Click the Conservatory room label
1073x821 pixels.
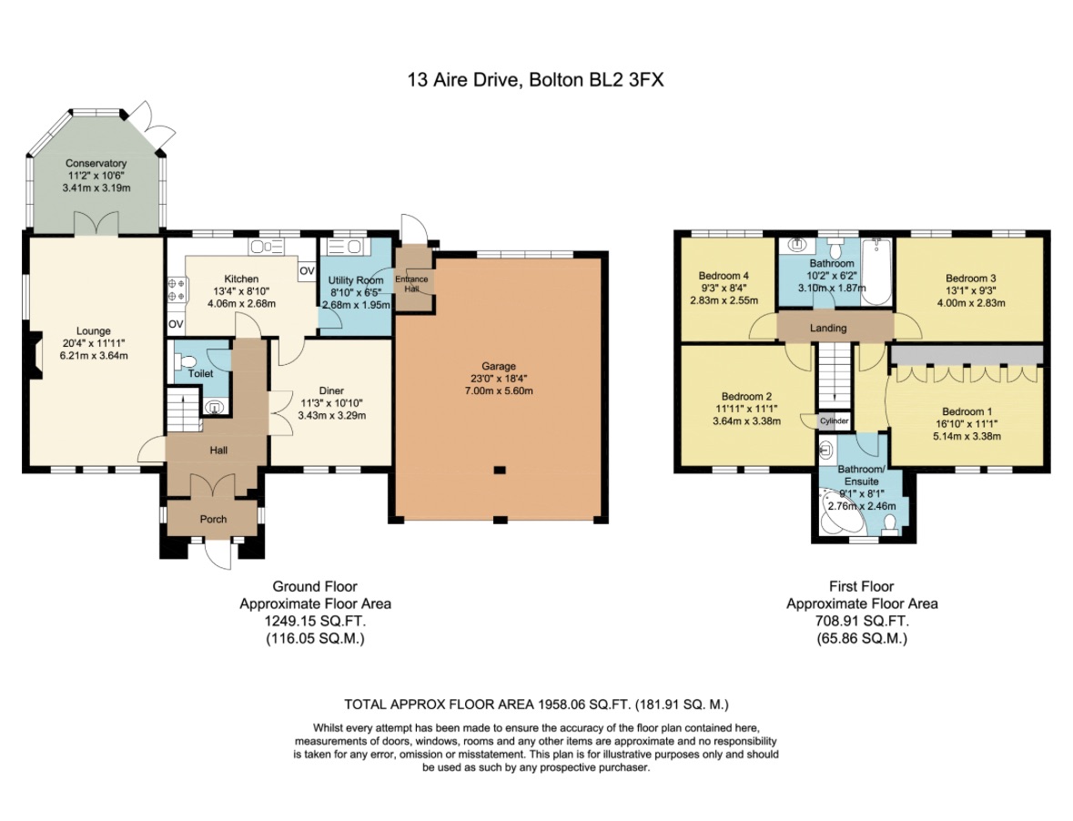(96, 163)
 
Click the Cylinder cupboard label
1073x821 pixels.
(834, 421)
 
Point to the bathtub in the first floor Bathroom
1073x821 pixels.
(877, 270)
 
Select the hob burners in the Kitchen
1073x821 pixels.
(177, 289)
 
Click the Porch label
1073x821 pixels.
(213, 519)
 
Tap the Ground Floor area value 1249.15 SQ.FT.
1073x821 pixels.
(315, 621)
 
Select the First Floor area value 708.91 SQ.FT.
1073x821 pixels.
(861, 621)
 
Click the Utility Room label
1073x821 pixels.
(356, 280)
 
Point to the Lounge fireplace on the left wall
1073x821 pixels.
(35, 356)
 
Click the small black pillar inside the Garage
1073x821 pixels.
(498, 471)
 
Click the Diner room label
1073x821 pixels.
(331, 390)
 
